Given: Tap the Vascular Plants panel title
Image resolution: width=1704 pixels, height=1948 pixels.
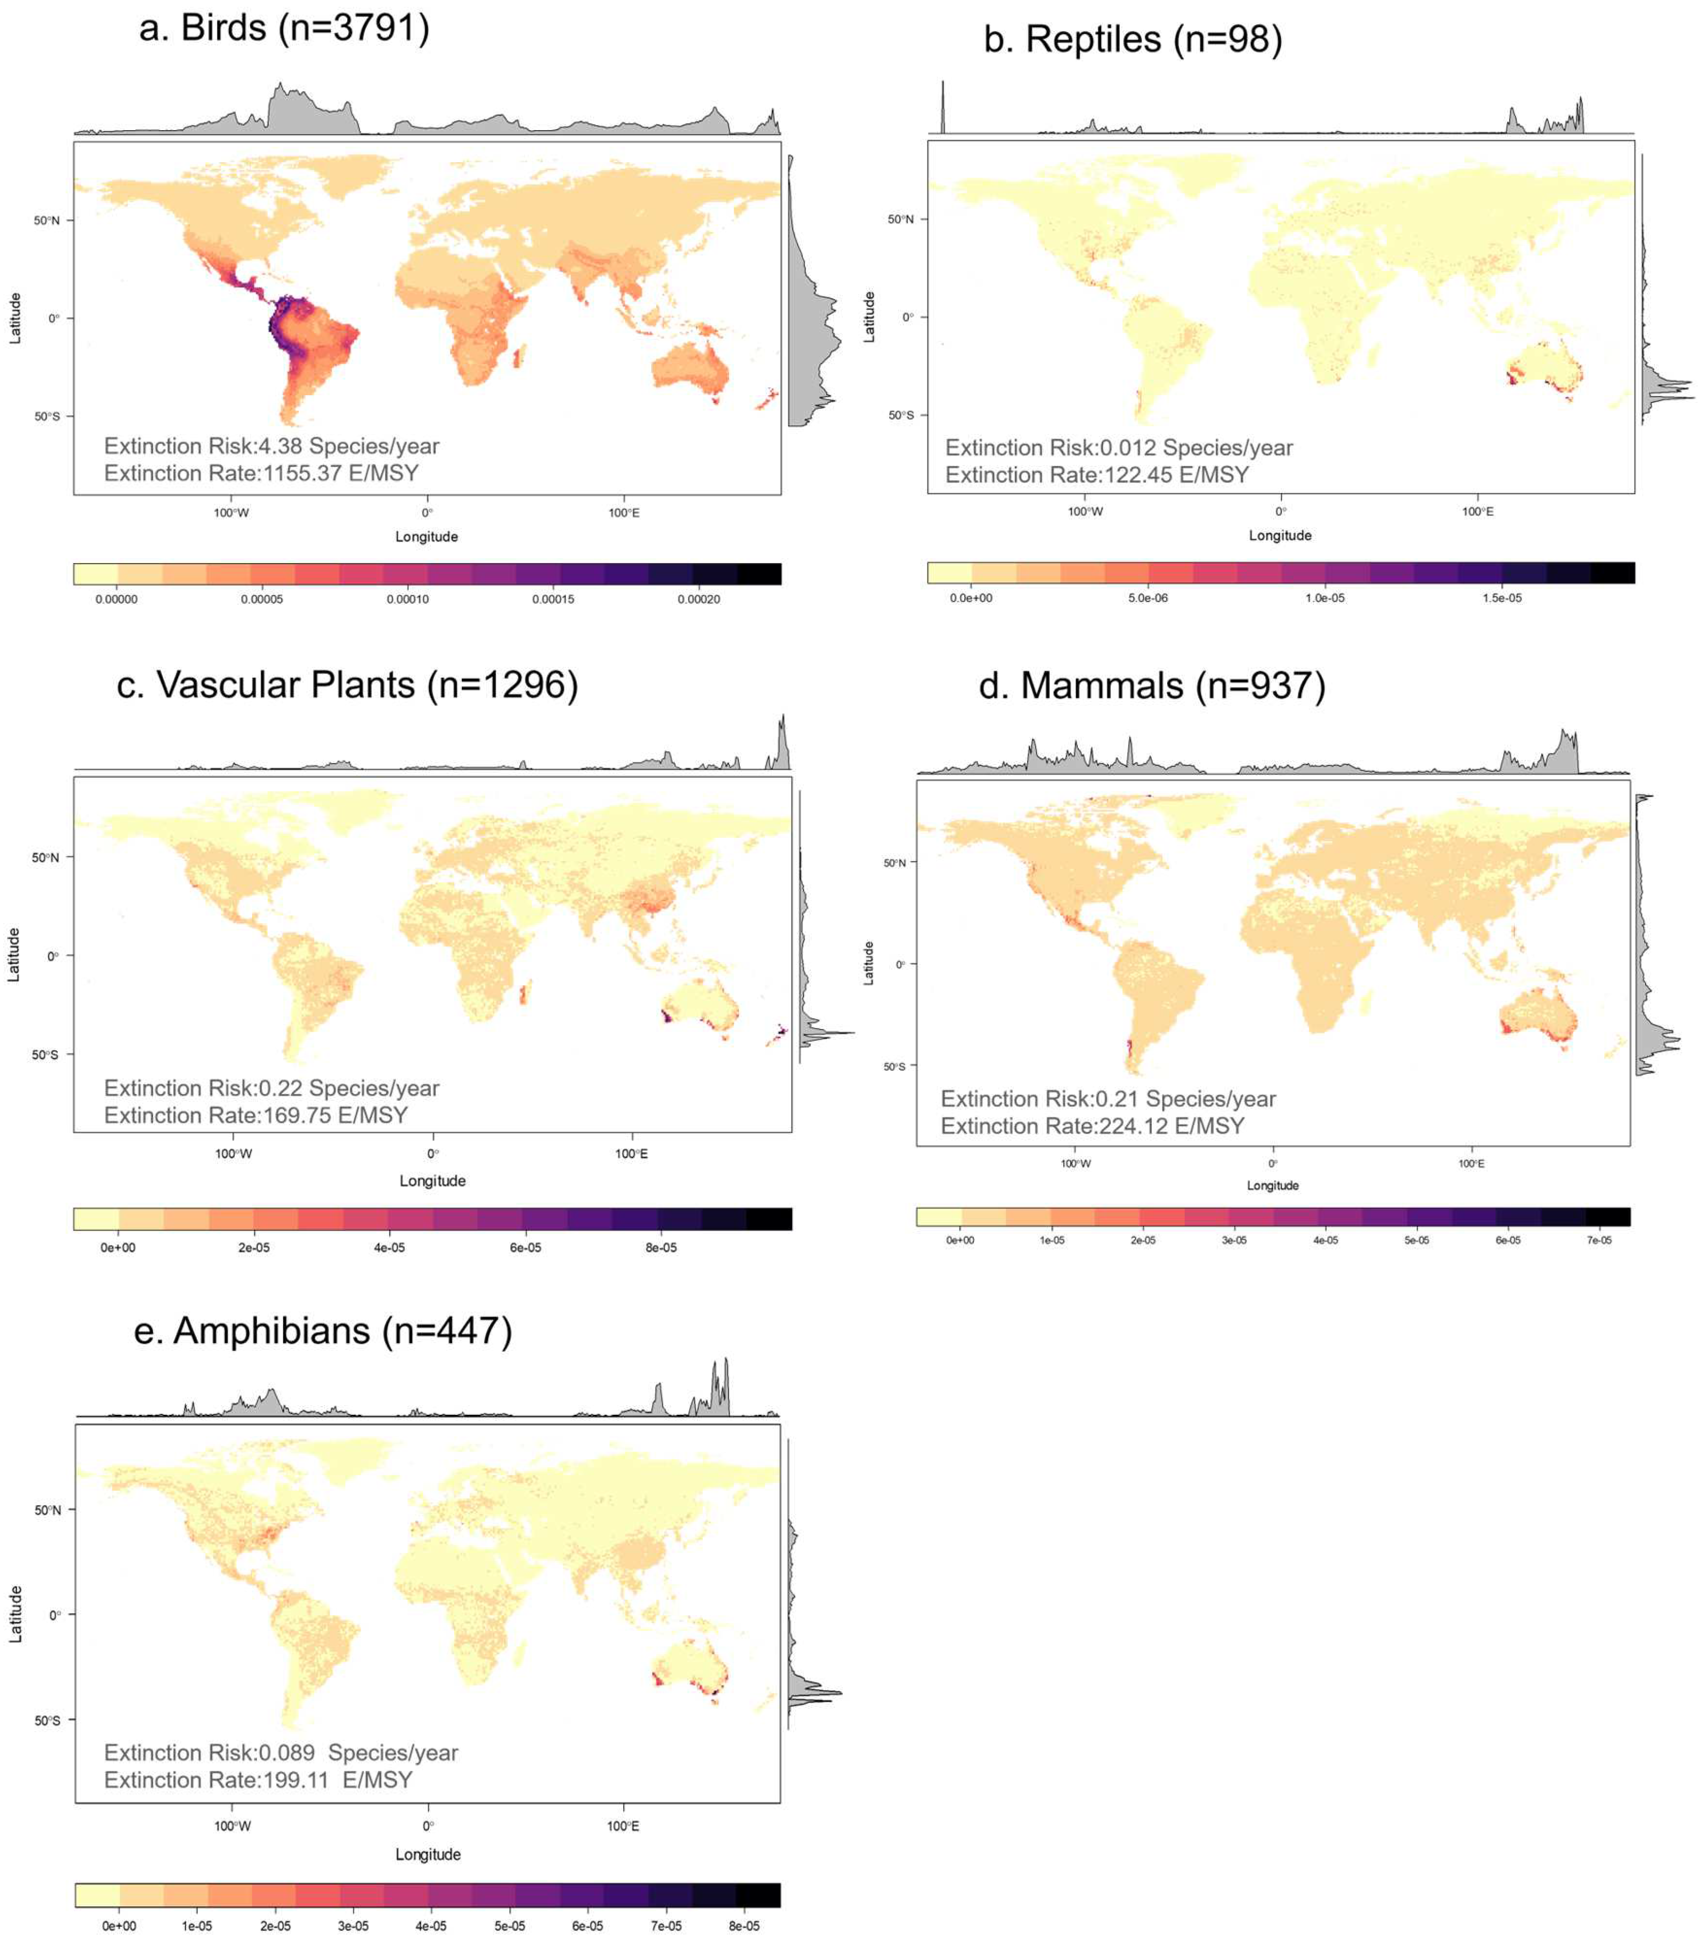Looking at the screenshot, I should tap(347, 684).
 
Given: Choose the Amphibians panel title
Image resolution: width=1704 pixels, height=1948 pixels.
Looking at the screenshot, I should tap(323, 1330).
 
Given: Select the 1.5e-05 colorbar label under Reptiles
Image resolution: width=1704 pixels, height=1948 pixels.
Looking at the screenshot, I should tap(1501, 598).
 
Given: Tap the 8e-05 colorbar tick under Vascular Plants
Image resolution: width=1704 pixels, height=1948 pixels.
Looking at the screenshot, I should tap(661, 1248).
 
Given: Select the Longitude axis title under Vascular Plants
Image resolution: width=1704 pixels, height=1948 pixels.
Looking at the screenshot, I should tap(432, 1181).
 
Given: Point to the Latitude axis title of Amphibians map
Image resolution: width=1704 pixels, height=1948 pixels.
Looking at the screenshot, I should tap(15, 1613).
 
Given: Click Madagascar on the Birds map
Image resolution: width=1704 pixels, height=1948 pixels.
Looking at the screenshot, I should tap(518, 359).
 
